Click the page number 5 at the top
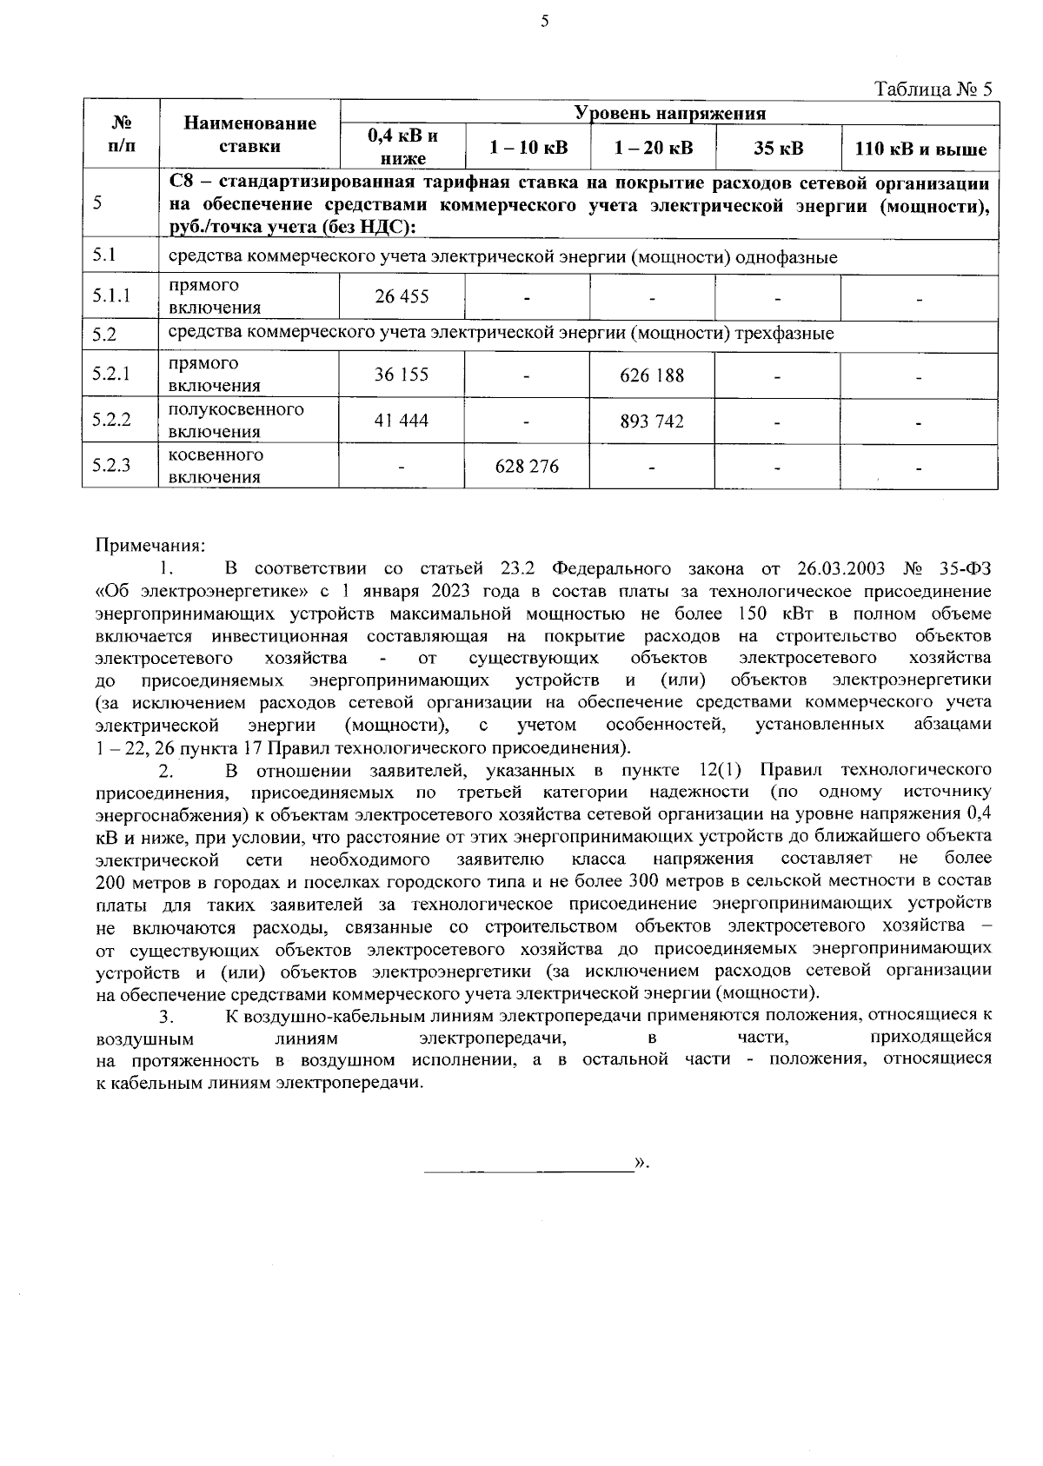pos(544,23)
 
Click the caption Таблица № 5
pos(933,90)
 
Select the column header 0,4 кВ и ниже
pos(402,147)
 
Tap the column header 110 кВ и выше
pos(920,149)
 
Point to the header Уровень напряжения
pos(669,113)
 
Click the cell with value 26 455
pos(402,297)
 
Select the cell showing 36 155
pos(402,375)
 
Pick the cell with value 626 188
pos(652,375)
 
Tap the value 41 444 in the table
pos(402,421)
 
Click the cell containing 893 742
pos(652,421)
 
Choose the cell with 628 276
pos(527,467)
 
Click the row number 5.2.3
pos(112,466)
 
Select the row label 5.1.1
pos(112,296)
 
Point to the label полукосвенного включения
pos(236,421)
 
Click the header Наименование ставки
pos(250,135)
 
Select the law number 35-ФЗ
pos(966,569)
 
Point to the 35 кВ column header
pos(778,148)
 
